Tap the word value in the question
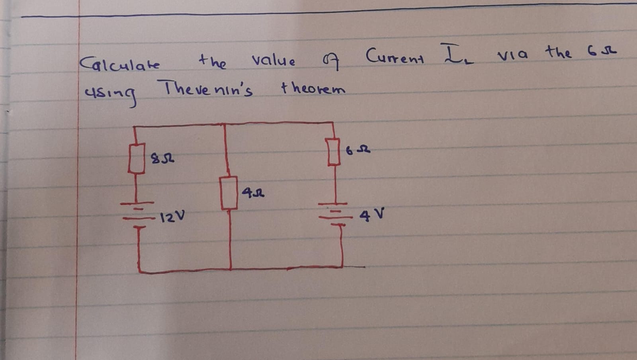tap(274, 61)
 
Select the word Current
tap(395, 57)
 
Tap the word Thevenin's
tap(205, 89)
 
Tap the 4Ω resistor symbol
tap(229, 193)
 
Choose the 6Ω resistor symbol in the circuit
tap(334, 151)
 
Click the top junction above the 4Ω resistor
tap(225, 124)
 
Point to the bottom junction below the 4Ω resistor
tap(231, 270)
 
